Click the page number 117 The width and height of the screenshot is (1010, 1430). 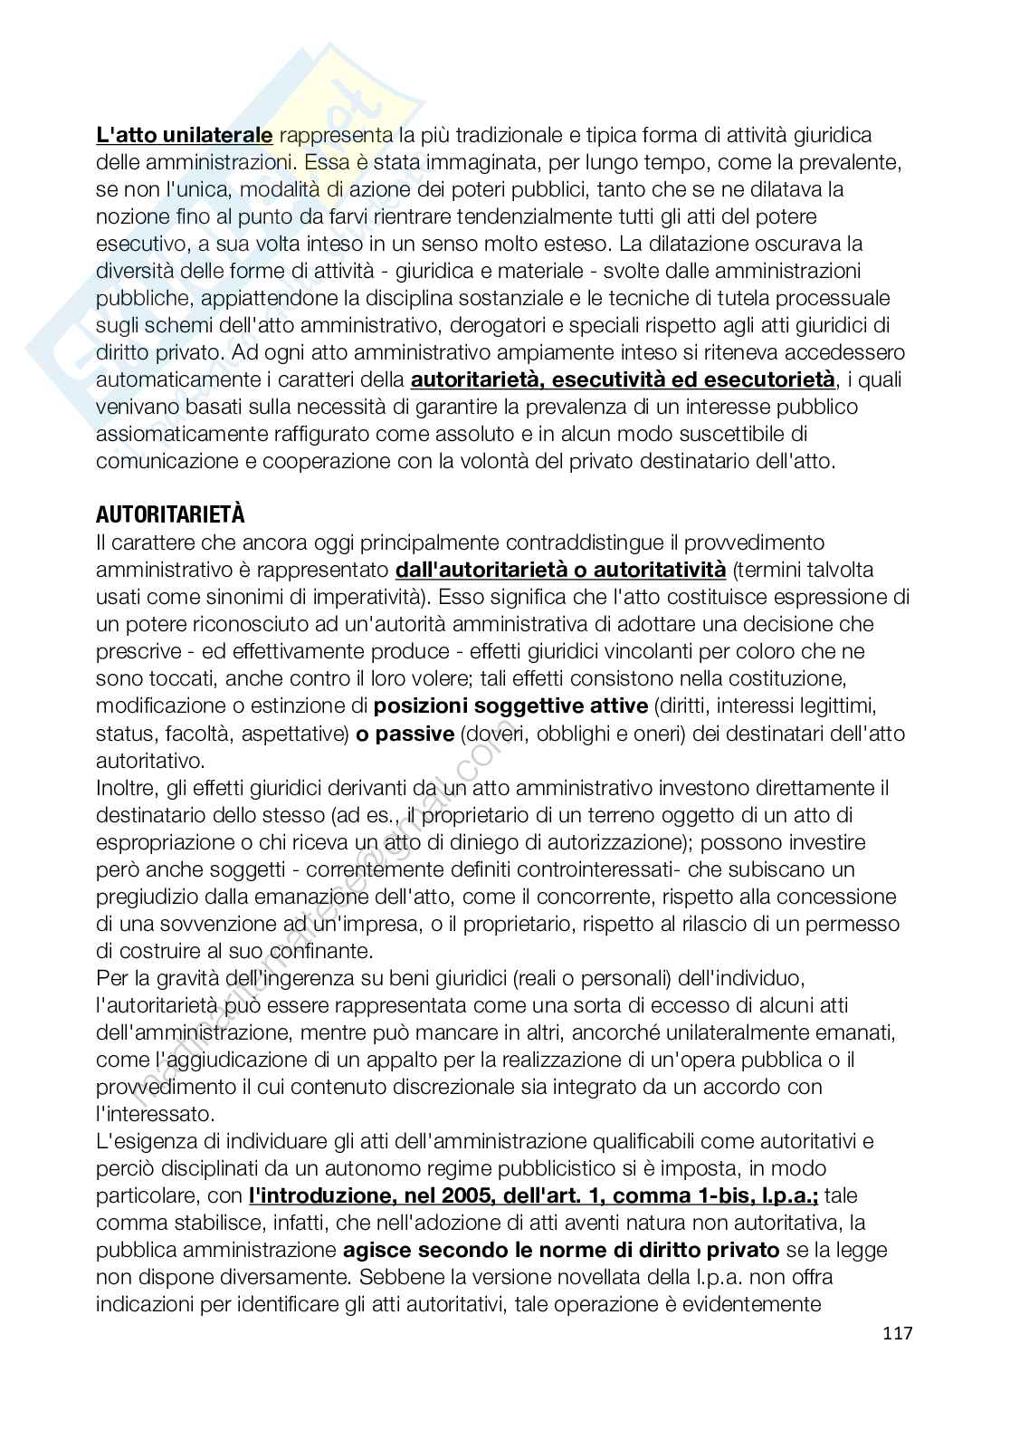point(895,1333)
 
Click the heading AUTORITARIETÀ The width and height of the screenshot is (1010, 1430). point(170,514)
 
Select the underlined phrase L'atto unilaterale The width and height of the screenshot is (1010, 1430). point(185,135)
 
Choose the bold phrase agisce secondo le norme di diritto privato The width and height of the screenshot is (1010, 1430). point(561,1250)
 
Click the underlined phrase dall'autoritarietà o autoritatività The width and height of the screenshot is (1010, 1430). point(561,570)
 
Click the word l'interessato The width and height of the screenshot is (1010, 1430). point(155,1114)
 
